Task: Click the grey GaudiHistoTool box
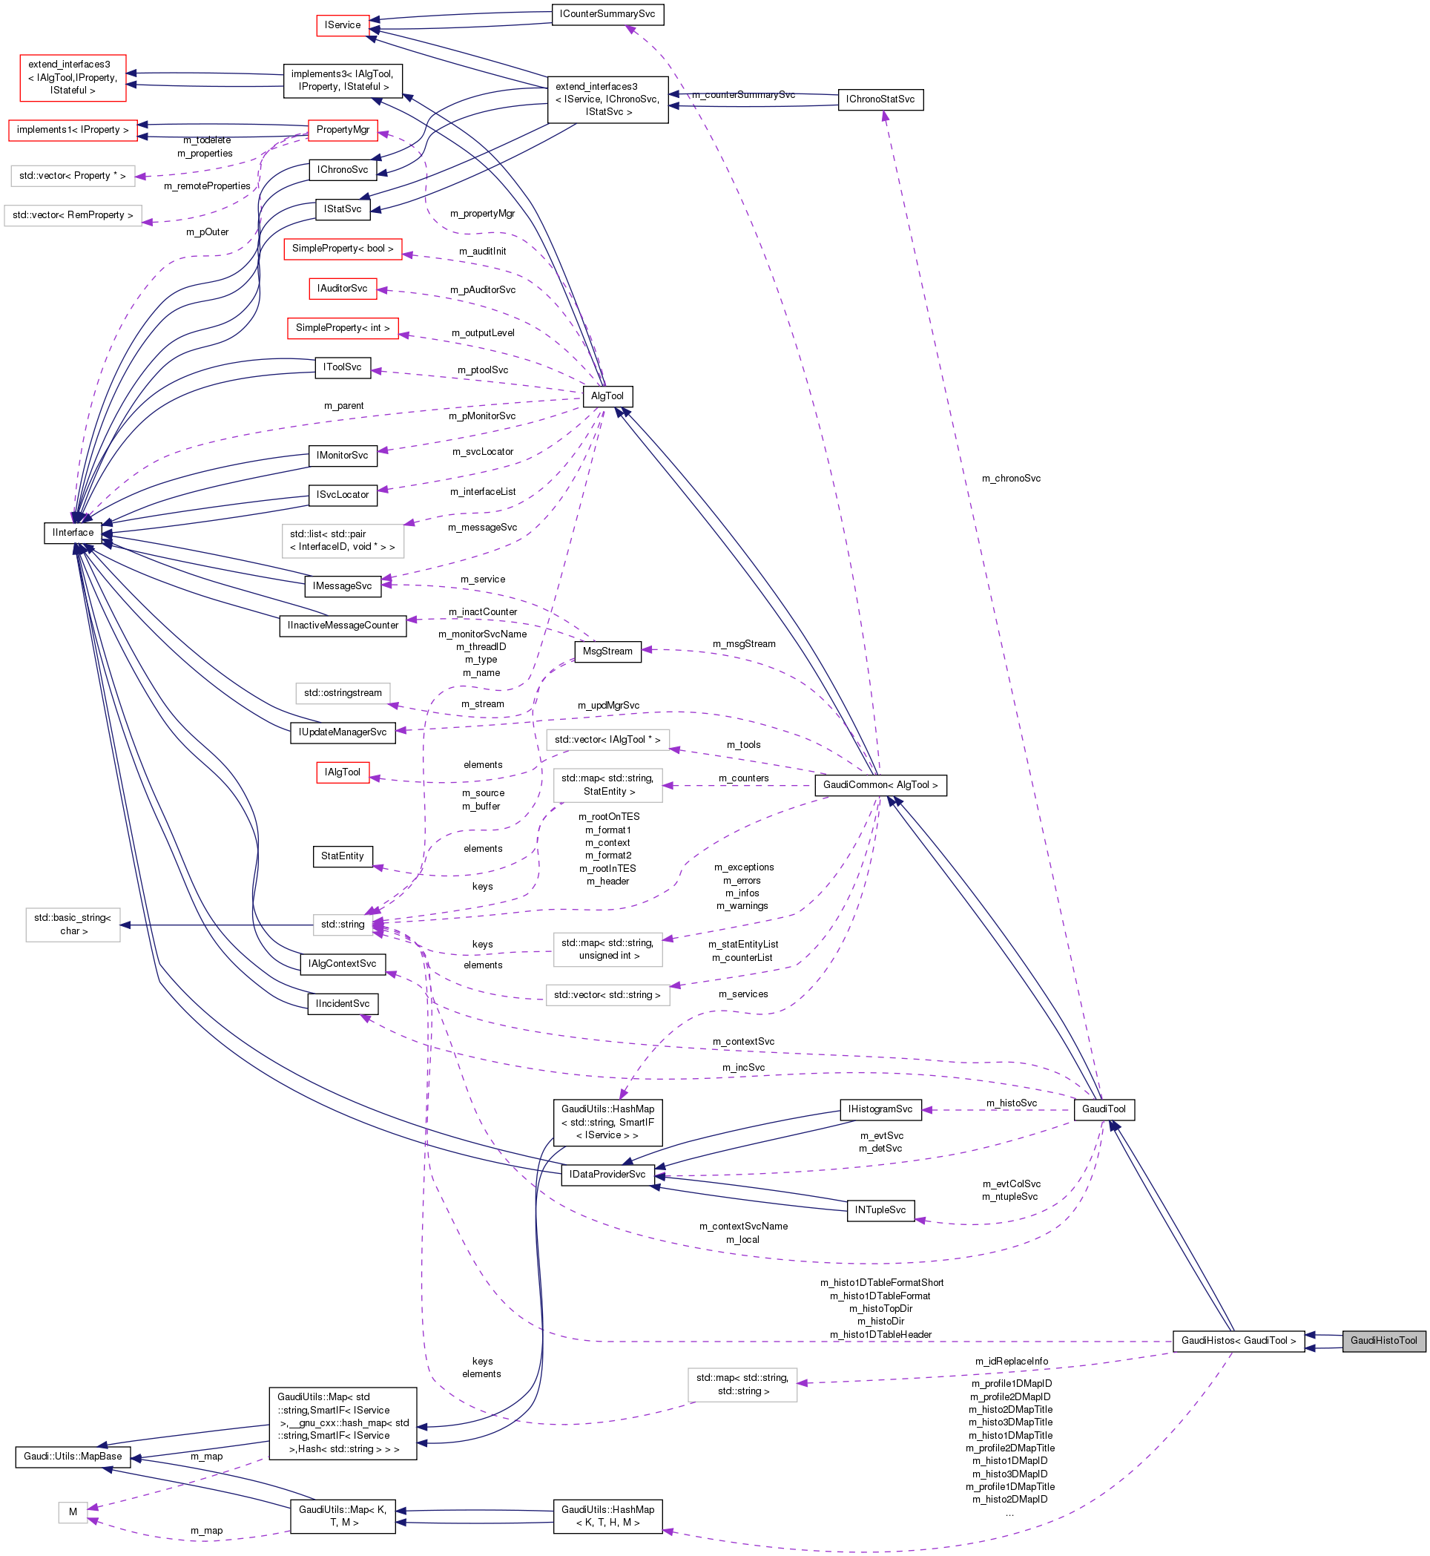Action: (1383, 1340)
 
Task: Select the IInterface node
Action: (73, 533)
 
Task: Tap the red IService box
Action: (342, 24)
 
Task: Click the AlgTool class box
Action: (607, 395)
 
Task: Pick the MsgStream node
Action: (607, 651)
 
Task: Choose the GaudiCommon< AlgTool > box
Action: (880, 785)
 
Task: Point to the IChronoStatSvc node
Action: (880, 99)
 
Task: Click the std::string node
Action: (342, 925)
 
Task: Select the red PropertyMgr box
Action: (342, 129)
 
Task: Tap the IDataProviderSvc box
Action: (607, 1175)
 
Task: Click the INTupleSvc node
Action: (880, 1210)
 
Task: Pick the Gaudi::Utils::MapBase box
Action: (73, 1456)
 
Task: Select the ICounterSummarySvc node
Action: (607, 14)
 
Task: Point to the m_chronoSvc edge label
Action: (1011, 479)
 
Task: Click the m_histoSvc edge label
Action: (1011, 1103)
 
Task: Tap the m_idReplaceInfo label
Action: (1011, 1361)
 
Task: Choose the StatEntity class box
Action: (342, 856)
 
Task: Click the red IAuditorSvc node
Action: (342, 288)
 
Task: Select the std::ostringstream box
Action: (342, 693)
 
